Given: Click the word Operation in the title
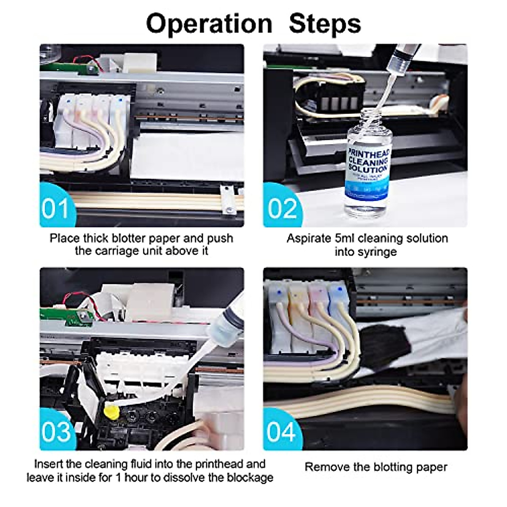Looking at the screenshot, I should [x=209, y=23].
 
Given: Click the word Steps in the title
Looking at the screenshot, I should [x=325, y=23].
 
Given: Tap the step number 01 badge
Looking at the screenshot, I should [x=56, y=208].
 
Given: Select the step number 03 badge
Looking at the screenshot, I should [x=57, y=431].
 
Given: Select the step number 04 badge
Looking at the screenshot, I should [x=281, y=431].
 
